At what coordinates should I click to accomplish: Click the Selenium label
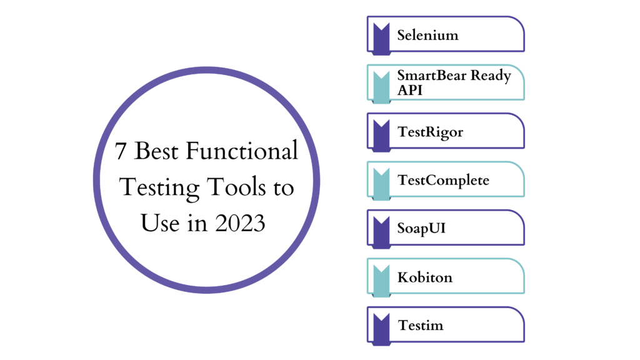tap(427, 35)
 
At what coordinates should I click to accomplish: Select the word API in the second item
tap(410, 90)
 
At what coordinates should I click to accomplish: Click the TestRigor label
tap(430, 132)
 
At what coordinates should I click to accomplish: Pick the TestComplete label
tap(443, 181)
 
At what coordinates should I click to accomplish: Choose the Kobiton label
tap(425, 277)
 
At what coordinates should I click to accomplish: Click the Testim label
tap(421, 325)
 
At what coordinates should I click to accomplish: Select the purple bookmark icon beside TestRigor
tap(382, 136)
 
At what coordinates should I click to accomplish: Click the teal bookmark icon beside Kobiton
tap(382, 281)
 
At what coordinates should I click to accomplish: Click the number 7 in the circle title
tap(121, 151)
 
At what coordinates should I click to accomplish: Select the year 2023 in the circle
tap(240, 223)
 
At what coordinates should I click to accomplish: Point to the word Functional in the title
tap(242, 151)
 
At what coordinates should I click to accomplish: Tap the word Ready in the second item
tap(491, 76)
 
